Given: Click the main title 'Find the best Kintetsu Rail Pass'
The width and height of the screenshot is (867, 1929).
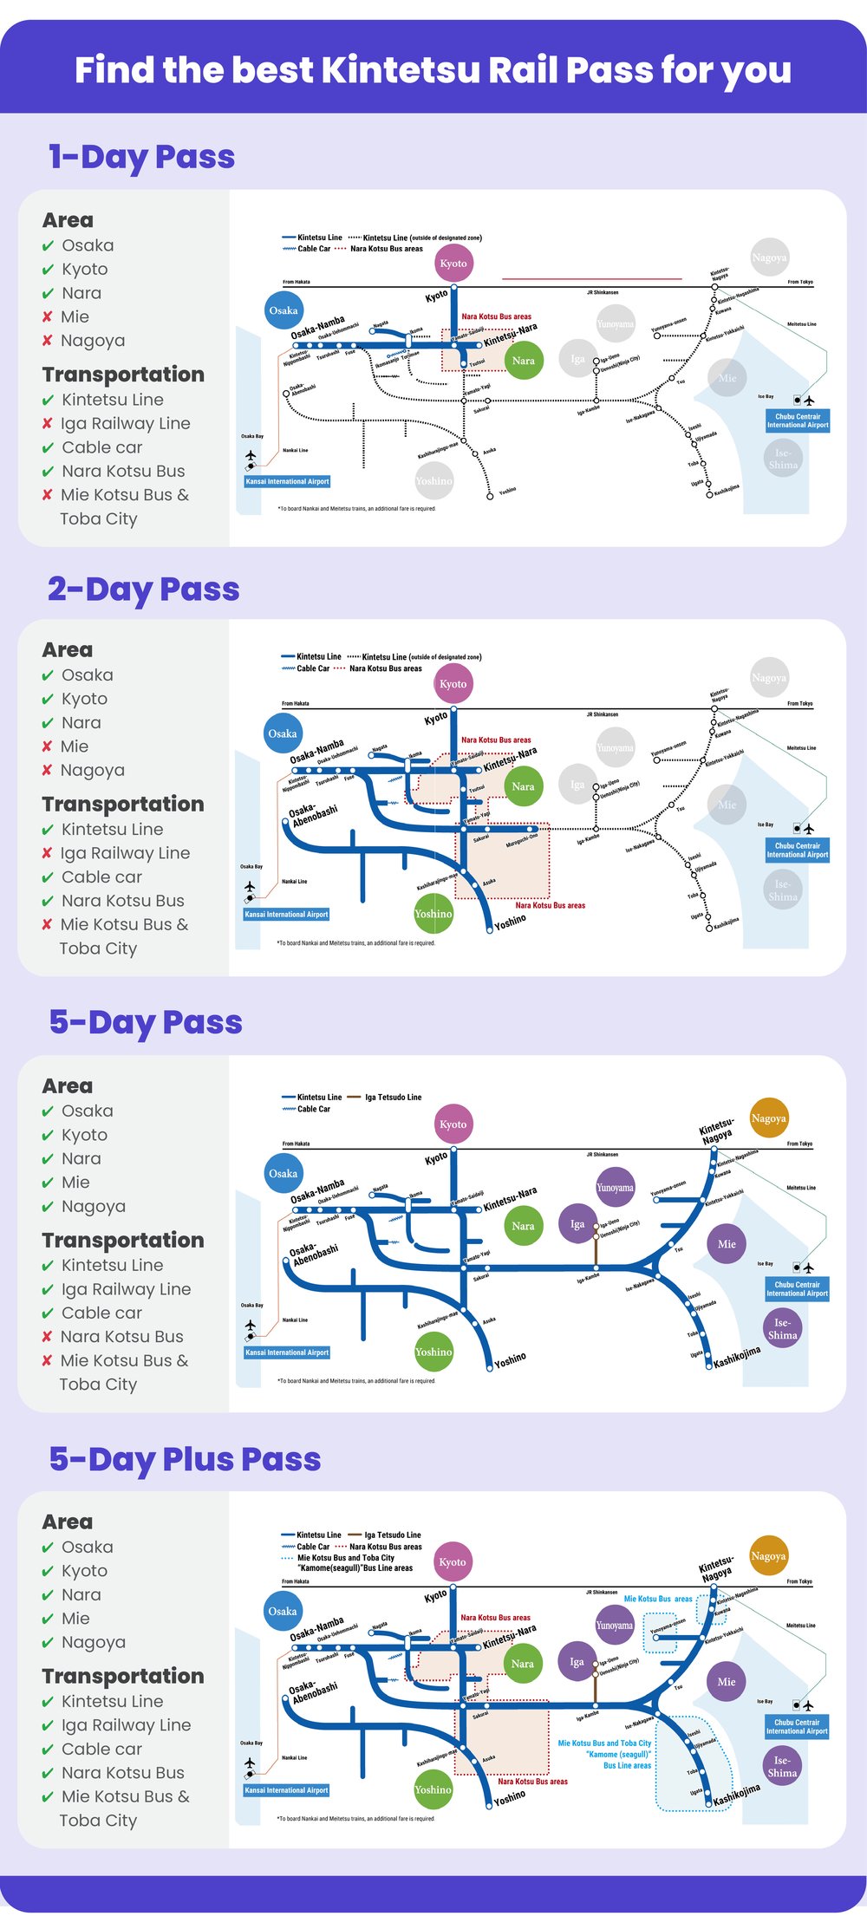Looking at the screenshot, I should (x=433, y=69).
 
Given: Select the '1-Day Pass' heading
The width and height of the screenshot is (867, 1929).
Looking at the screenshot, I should (x=141, y=157).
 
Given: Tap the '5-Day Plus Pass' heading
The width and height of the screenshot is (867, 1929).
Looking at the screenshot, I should (x=185, y=1459).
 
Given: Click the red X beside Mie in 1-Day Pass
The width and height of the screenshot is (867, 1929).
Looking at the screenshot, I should (x=48, y=317).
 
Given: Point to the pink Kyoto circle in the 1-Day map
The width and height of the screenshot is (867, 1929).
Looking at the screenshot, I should (x=453, y=264).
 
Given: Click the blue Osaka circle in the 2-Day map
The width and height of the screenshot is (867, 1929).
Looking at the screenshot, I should (x=283, y=733).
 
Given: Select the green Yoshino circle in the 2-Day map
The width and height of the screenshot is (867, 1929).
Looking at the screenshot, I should (x=433, y=914).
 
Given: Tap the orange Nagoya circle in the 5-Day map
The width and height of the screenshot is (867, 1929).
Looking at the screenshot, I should (x=768, y=1118).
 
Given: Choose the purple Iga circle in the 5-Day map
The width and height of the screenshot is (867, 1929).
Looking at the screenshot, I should (x=577, y=1224).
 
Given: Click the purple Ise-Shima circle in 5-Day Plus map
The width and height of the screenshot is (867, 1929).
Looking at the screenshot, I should (x=782, y=1767).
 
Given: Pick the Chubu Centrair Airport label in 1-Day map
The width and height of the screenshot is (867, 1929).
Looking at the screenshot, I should (x=798, y=421).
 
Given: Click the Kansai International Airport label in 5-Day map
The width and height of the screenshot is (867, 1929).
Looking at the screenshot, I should (x=287, y=1352).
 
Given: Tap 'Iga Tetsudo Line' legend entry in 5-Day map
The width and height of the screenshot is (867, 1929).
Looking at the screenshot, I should (x=393, y=1098).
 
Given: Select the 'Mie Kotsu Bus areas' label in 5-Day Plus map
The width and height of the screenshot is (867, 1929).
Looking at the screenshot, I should (x=658, y=1599).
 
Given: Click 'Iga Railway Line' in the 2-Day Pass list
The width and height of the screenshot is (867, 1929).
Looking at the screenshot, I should (x=125, y=853).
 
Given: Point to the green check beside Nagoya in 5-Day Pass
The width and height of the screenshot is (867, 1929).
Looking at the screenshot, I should (x=48, y=1208).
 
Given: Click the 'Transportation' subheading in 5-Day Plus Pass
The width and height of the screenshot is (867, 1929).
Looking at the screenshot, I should (x=123, y=1676).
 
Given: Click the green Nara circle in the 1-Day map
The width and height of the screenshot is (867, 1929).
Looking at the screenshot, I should (x=523, y=361).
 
